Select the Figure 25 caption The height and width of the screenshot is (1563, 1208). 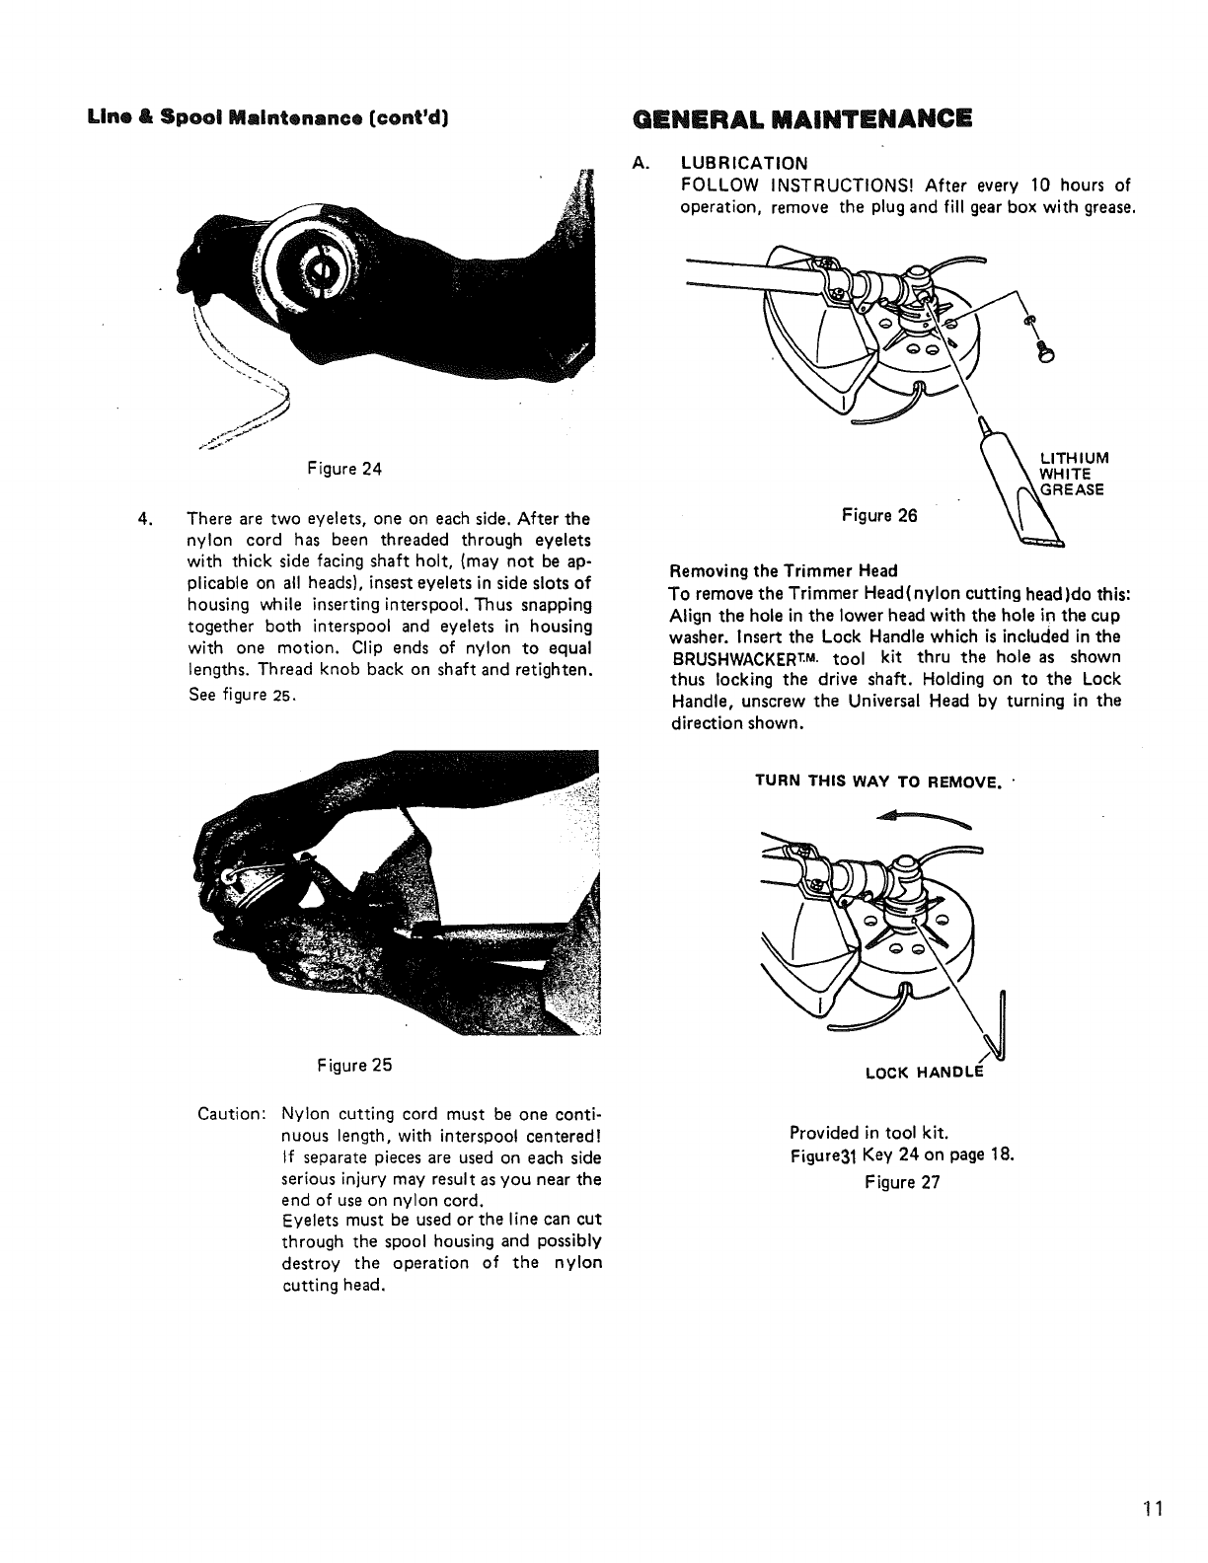(354, 1066)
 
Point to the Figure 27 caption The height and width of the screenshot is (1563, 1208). (901, 1182)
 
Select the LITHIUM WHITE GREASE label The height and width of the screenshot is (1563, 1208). (1074, 473)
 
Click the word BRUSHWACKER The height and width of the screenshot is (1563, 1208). (718, 658)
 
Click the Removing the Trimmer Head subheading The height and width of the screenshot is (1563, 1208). (784, 570)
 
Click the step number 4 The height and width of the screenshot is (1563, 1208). (145, 518)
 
